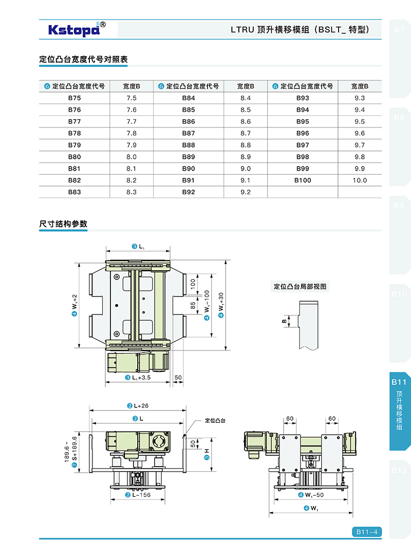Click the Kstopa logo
click(77, 29)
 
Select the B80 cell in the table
click(74, 157)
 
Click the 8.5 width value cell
click(246, 109)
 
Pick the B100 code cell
click(303, 180)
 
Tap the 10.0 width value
click(360, 180)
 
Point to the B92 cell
click(189, 192)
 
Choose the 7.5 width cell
click(132, 98)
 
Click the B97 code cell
click(303, 145)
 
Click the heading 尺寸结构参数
click(63, 224)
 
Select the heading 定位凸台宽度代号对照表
click(83, 60)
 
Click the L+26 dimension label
click(138, 406)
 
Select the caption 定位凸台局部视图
click(301, 287)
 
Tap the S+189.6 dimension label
click(74, 452)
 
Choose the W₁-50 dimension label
click(310, 495)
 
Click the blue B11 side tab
click(399, 382)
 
